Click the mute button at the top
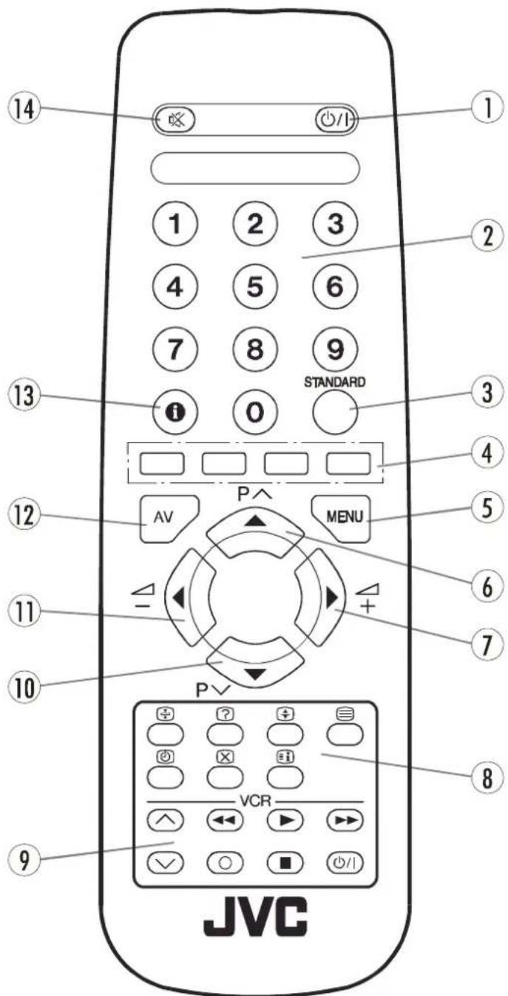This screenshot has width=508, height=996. point(175,119)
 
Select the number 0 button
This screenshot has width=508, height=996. point(254,411)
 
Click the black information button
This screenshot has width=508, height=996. point(175,411)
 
